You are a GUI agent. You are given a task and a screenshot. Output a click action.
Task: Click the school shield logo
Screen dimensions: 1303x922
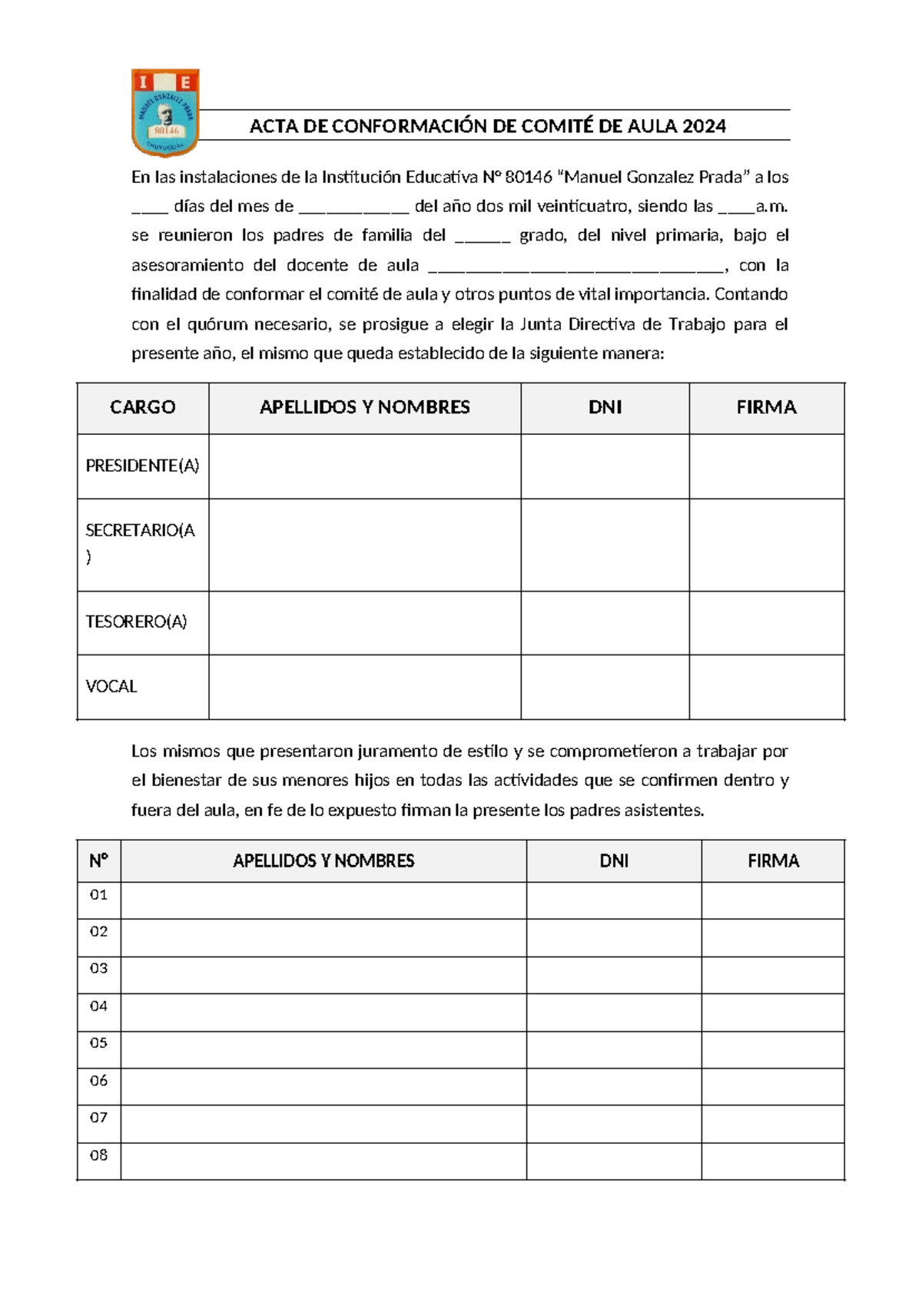(x=165, y=112)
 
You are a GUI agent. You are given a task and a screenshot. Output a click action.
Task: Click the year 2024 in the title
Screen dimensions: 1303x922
(x=704, y=126)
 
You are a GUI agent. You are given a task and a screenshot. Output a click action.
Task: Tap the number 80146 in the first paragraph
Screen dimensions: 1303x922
(x=529, y=177)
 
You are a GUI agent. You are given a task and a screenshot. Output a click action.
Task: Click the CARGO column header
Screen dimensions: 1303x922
(x=143, y=407)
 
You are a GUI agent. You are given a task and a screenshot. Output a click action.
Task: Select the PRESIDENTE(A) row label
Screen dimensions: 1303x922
(x=142, y=466)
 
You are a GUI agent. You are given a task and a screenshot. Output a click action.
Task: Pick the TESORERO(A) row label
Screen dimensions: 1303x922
(x=136, y=622)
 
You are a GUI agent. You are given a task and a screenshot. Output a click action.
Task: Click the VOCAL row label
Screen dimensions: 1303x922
(x=111, y=686)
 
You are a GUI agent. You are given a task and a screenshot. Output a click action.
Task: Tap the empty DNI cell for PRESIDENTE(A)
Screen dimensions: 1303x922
(x=605, y=466)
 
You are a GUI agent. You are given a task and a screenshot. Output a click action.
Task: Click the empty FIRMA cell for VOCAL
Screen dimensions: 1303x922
(x=766, y=687)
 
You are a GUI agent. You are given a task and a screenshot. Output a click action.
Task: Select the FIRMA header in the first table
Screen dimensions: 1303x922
(x=766, y=407)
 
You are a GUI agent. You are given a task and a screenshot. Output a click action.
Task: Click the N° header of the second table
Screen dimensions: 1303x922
(x=99, y=860)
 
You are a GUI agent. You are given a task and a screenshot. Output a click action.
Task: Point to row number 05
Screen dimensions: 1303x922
(x=99, y=1043)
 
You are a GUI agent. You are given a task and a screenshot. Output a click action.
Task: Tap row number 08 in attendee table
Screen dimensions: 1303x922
(x=99, y=1155)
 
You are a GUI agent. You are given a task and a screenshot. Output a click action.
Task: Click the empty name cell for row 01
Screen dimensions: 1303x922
(x=323, y=900)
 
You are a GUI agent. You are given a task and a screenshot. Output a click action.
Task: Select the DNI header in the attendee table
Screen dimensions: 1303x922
(x=614, y=860)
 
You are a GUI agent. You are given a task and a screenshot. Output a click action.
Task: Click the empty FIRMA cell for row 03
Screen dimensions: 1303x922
(x=772, y=975)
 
